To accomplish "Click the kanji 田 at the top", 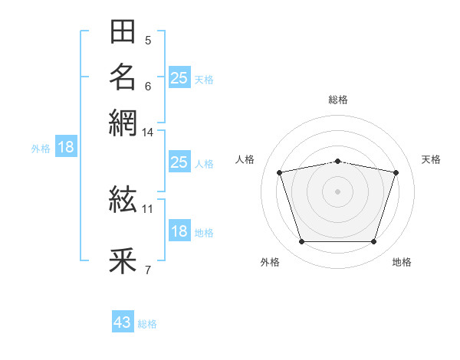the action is [123, 31].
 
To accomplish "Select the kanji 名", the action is [123, 77].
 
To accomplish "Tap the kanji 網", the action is [123, 123].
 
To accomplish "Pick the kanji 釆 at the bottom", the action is [123, 260].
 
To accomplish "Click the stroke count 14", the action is [147, 133].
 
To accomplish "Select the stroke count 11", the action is [147, 209].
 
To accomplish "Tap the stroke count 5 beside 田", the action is [148, 40].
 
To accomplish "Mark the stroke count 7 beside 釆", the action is [148, 270].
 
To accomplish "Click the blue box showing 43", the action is [123, 321].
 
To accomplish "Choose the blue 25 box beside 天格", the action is [179, 77].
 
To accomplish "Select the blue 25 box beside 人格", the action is [179, 162].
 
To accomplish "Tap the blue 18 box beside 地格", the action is [179, 230].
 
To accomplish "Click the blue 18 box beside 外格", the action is [66, 146].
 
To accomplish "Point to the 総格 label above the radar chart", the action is [338, 100].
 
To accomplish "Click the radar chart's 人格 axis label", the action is [245, 159].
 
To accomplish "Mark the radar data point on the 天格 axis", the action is [396, 172].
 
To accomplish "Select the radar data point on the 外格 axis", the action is [301, 242].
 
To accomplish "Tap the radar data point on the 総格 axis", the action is [337, 162].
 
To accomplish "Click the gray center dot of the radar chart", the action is [337, 191].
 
